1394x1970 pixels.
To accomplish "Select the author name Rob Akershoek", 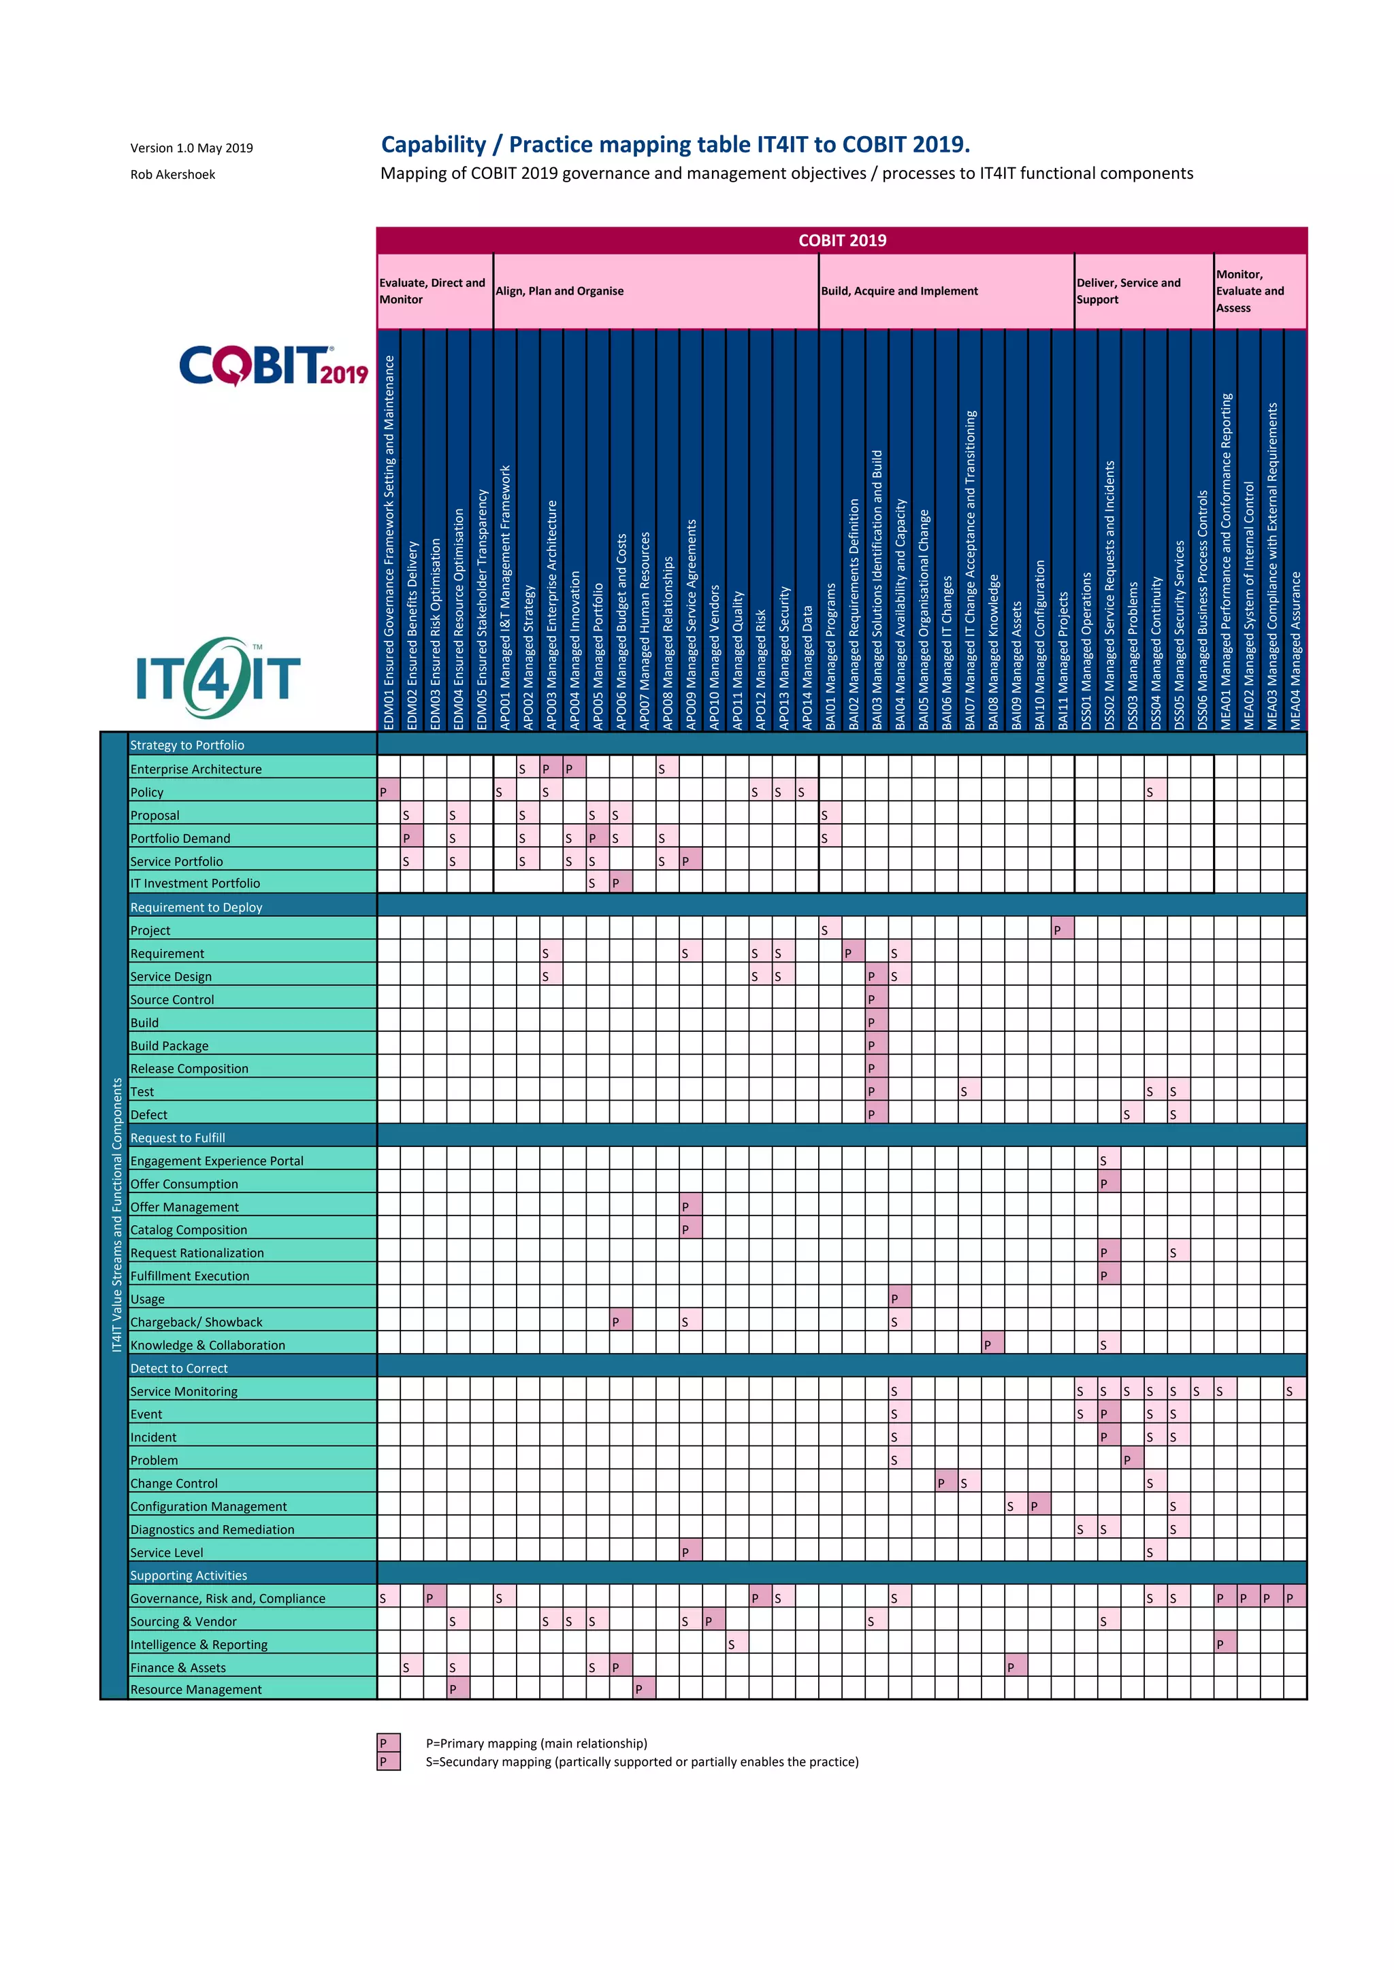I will [x=172, y=174].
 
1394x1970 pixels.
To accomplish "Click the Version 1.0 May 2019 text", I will [x=191, y=148].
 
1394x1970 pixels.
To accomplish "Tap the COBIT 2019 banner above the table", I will [x=841, y=240].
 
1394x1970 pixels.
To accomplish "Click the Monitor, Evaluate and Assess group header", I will [x=1250, y=291].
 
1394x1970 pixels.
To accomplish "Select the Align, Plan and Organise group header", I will [x=560, y=291].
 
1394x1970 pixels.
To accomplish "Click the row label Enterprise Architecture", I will [x=196, y=769].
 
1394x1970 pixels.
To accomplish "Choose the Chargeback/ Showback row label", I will [x=196, y=1322].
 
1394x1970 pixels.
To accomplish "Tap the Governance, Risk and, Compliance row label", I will [x=227, y=1599].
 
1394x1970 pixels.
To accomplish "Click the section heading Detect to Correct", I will [x=178, y=1369].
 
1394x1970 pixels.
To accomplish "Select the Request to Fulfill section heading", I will [x=178, y=1138].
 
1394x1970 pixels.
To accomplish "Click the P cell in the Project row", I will [x=1062, y=929].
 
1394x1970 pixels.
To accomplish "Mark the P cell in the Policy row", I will [x=388, y=791].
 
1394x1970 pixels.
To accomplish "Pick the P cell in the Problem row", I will [x=1131, y=1460].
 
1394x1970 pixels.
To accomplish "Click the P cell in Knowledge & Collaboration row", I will [x=992, y=1344].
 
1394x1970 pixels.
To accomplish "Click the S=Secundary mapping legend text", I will [x=642, y=1761].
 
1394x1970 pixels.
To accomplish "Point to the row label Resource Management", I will [x=196, y=1690].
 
